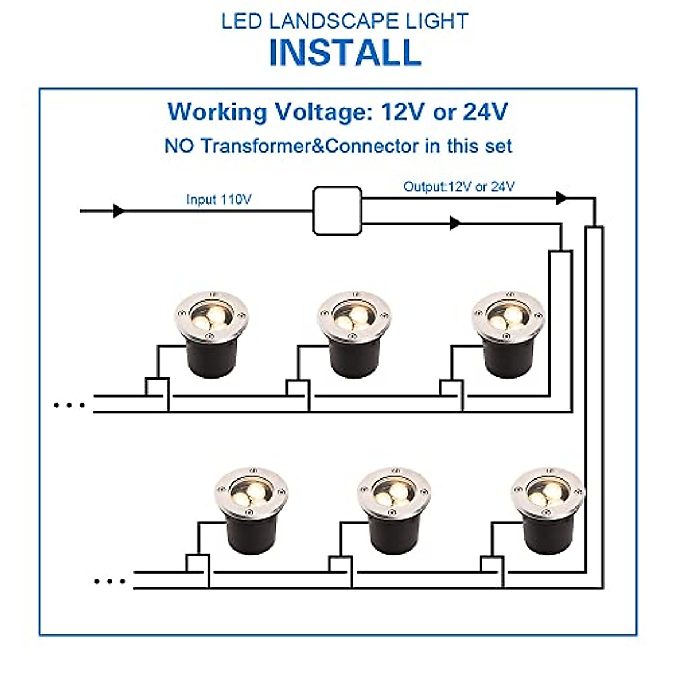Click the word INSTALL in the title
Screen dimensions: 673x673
tap(345, 53)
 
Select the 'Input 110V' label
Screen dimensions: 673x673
tap(219, 200)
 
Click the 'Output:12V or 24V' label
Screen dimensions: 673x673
tap(459, 187)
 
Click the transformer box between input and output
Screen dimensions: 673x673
tap(336, 211)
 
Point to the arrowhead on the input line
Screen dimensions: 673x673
tap(118, 211)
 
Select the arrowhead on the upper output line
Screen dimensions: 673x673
tap(561, 197)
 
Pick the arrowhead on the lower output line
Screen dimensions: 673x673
tap(455, 223)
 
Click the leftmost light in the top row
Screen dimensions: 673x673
tap(210, 334)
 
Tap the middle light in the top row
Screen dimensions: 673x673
tap(353, 334)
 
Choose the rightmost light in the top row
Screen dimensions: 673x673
tap(508, 334)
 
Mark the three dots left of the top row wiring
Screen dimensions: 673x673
tap(69, 404)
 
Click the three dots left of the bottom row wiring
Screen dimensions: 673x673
tap(109, 581)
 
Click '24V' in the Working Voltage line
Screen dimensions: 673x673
tap(485, 112)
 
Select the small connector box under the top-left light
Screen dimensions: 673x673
tap(158, 387)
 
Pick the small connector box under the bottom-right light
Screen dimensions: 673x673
tap(492, 563)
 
